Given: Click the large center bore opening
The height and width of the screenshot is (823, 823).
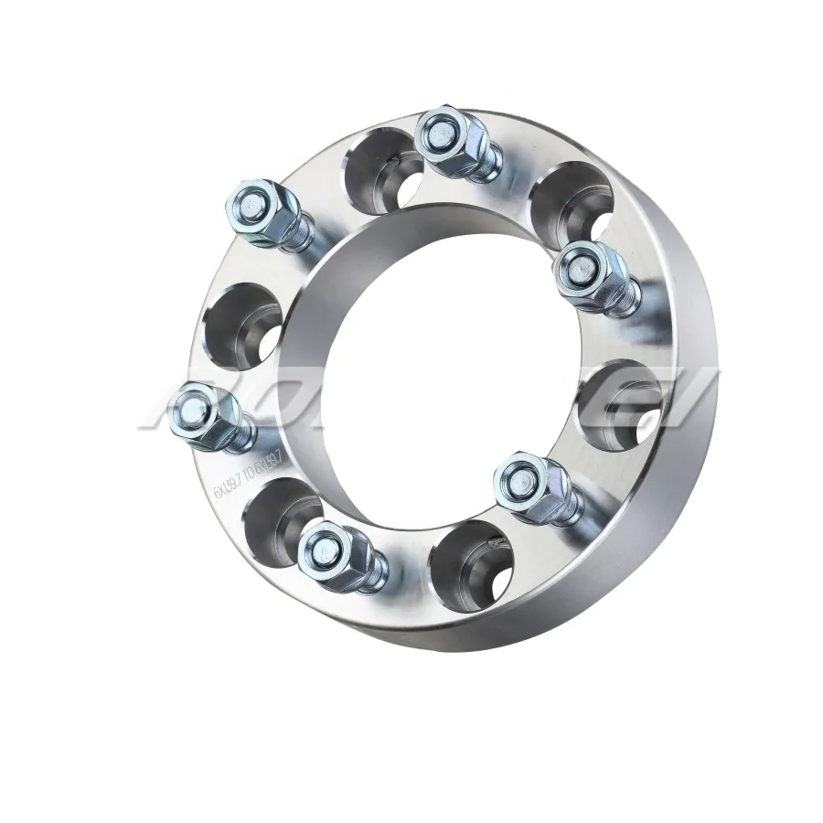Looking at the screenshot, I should [x=430, y=366].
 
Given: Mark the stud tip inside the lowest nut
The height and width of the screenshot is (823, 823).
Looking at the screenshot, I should [x=322, y=549].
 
